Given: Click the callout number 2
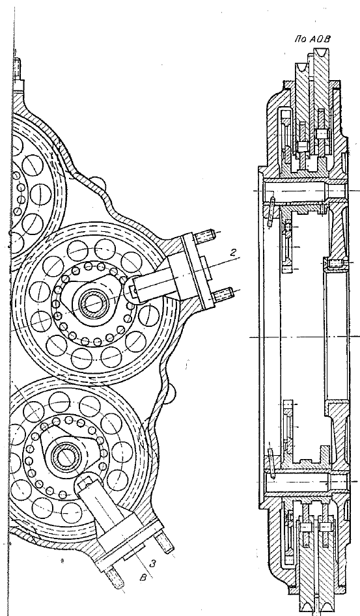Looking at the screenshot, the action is [x=233, y=253].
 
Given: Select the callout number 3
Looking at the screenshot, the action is [x=154, y=564].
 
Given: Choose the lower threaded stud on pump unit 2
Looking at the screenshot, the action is [x=223, y=294].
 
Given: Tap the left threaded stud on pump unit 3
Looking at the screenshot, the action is [x=115, y=578].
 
